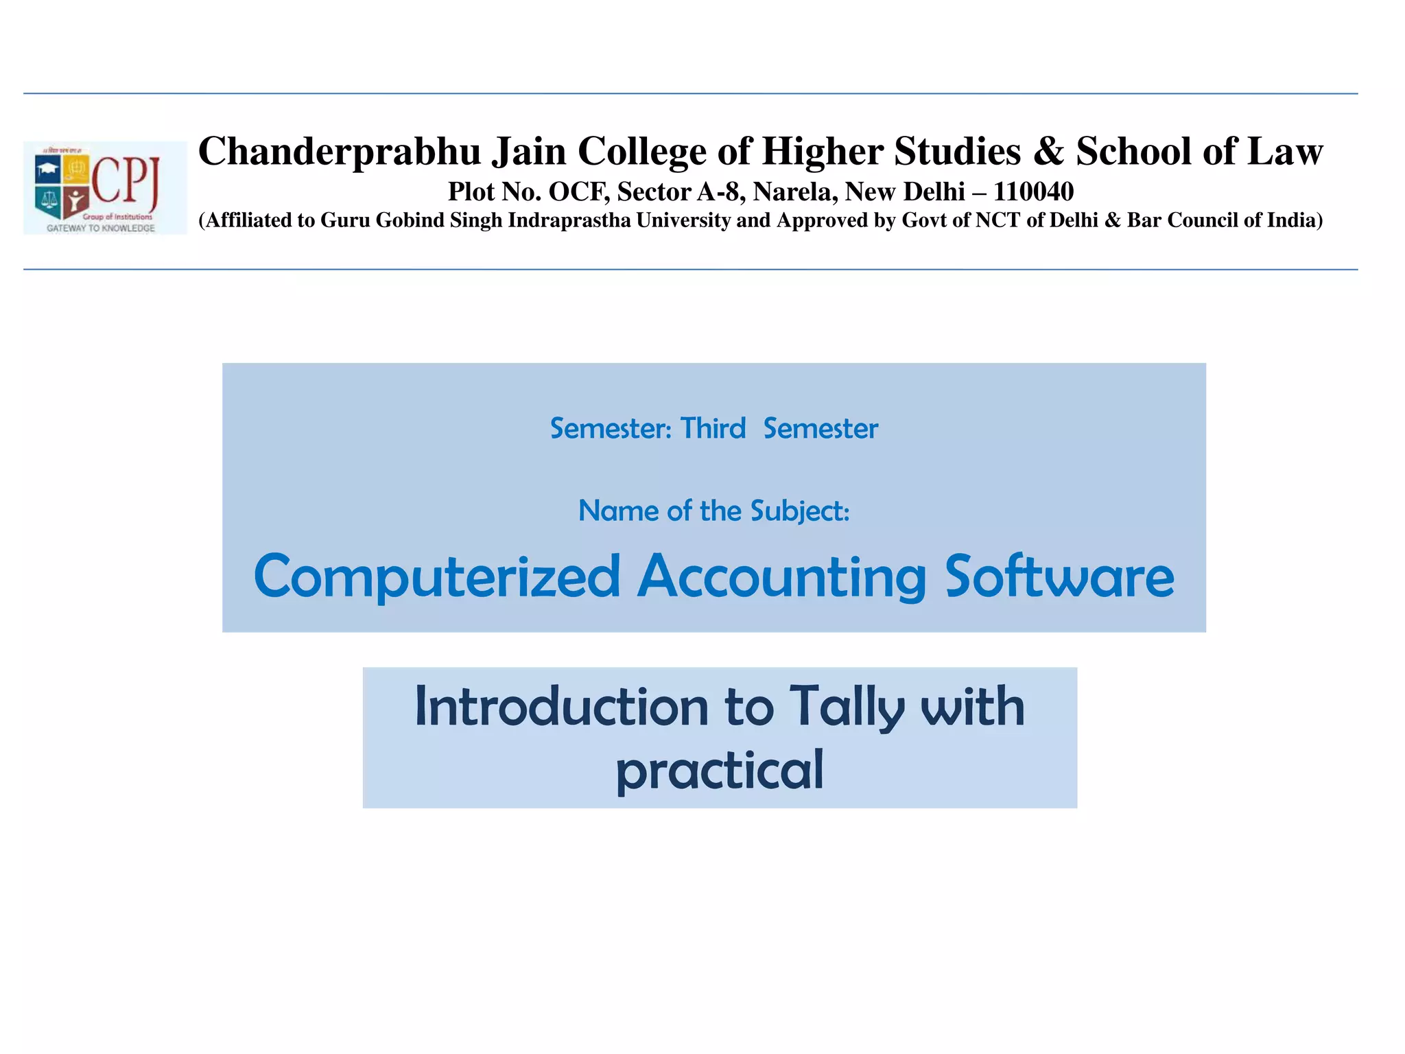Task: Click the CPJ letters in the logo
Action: (x=126, y=180)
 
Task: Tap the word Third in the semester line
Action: (x=712, y=429)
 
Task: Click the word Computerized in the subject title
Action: (x=437, y=577)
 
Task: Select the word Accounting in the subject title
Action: (x=782, y=577)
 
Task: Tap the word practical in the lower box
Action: (x=719, y=771)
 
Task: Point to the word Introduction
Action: (x=561, y=707)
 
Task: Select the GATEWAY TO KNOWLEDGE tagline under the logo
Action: (x=101, y=228)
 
